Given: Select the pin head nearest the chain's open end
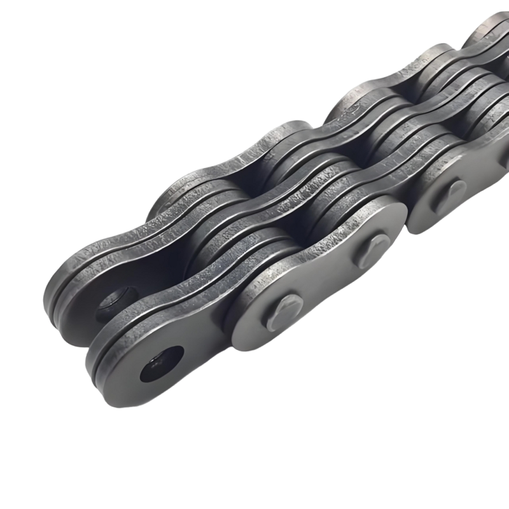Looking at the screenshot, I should pyautogui.click(x=284, y=310).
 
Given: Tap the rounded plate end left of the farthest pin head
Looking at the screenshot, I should pyautogui.click(x=423, y=204).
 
